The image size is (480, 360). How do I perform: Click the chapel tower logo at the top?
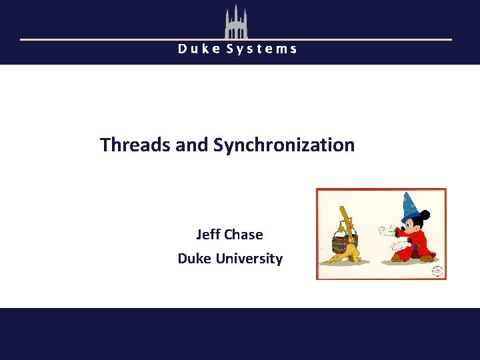pos(235,21)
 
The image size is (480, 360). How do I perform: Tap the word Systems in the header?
pos(262,49)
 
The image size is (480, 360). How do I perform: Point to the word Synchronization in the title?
pos(284,145)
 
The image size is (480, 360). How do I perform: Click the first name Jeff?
pos(208,235)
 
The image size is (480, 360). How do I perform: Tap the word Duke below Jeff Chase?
pos(194,259)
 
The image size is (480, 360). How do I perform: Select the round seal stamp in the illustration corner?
pos(437,271)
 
